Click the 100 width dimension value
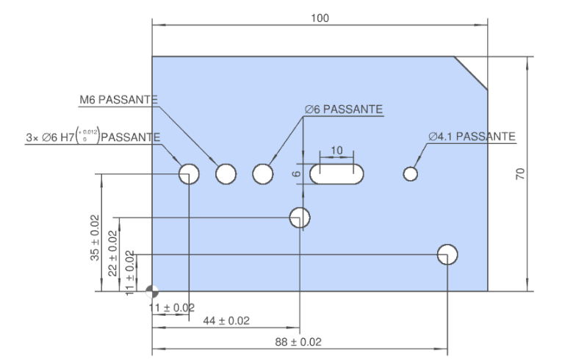tap(320, 17)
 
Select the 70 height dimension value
tap(519, 174)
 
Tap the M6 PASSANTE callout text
tap(118, 100)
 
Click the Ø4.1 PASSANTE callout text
tap(472, 137)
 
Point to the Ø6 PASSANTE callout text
tap(344, 109)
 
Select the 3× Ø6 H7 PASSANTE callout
tap(93, 137)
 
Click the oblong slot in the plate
tap(336, 174)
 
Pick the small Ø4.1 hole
tap(411, 174)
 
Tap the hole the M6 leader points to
tap(226, 174)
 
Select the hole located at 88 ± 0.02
tap(447, 254)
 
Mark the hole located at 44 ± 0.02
tap(300, 217)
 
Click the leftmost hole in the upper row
tap(189, 174)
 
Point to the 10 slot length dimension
tap(336, 150)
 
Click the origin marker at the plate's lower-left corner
tap(152, 291)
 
